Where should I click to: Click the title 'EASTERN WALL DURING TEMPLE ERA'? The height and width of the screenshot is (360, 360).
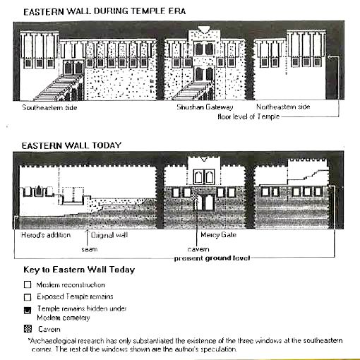(104, 11)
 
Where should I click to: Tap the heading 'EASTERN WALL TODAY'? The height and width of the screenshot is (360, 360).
(71, 145)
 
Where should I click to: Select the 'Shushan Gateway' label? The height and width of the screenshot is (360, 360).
(205, 107)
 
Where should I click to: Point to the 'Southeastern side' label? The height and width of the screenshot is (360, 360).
(49, 107)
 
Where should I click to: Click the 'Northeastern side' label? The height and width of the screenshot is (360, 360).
(283, 107)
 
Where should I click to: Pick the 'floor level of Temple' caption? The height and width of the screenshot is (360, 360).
(248, 116)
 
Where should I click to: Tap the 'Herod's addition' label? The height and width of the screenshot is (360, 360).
(46, 235)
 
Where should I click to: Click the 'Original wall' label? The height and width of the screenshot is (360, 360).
(109, 235)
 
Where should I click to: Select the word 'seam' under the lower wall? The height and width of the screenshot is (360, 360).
(90, 249)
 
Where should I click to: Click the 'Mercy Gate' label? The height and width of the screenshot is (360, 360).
(218, 234)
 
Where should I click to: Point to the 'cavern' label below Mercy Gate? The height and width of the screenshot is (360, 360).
(198, 249)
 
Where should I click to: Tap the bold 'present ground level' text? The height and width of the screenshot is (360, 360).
(212, 258)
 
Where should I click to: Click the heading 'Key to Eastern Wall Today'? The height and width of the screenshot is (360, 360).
(79, 270)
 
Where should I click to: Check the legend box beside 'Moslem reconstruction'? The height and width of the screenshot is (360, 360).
(28, 284)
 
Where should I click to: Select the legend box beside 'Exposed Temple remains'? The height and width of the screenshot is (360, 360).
(28, 297)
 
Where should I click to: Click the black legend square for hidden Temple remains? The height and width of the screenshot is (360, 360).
(28, 311)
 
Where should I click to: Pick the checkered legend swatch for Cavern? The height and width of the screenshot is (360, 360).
(28, 329)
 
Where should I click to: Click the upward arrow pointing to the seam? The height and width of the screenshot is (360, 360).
(88, 238)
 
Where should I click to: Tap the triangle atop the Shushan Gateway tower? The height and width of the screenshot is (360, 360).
(204, 30)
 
